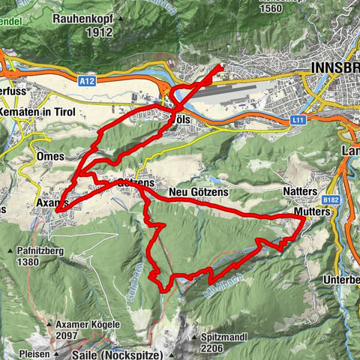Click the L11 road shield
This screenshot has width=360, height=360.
298,119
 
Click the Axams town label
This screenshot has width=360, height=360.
52,202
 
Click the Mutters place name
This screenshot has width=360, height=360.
312,212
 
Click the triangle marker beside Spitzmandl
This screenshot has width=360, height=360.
195,337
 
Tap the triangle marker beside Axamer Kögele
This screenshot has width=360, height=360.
50,325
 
